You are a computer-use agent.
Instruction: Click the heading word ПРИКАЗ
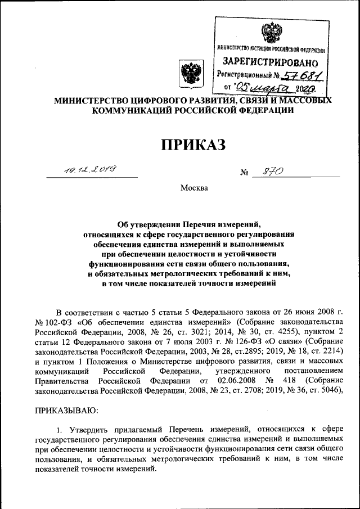(193, 145)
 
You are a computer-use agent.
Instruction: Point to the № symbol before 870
(244, 173)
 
